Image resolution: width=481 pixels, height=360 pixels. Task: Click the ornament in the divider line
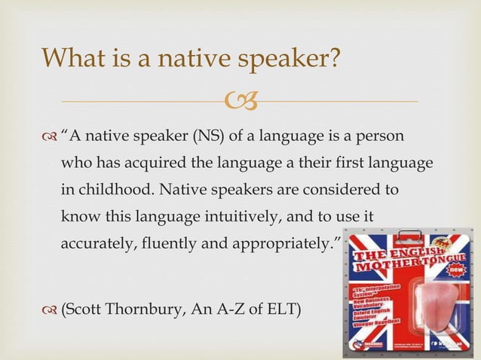pyautogui.click(x=240, y=100)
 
